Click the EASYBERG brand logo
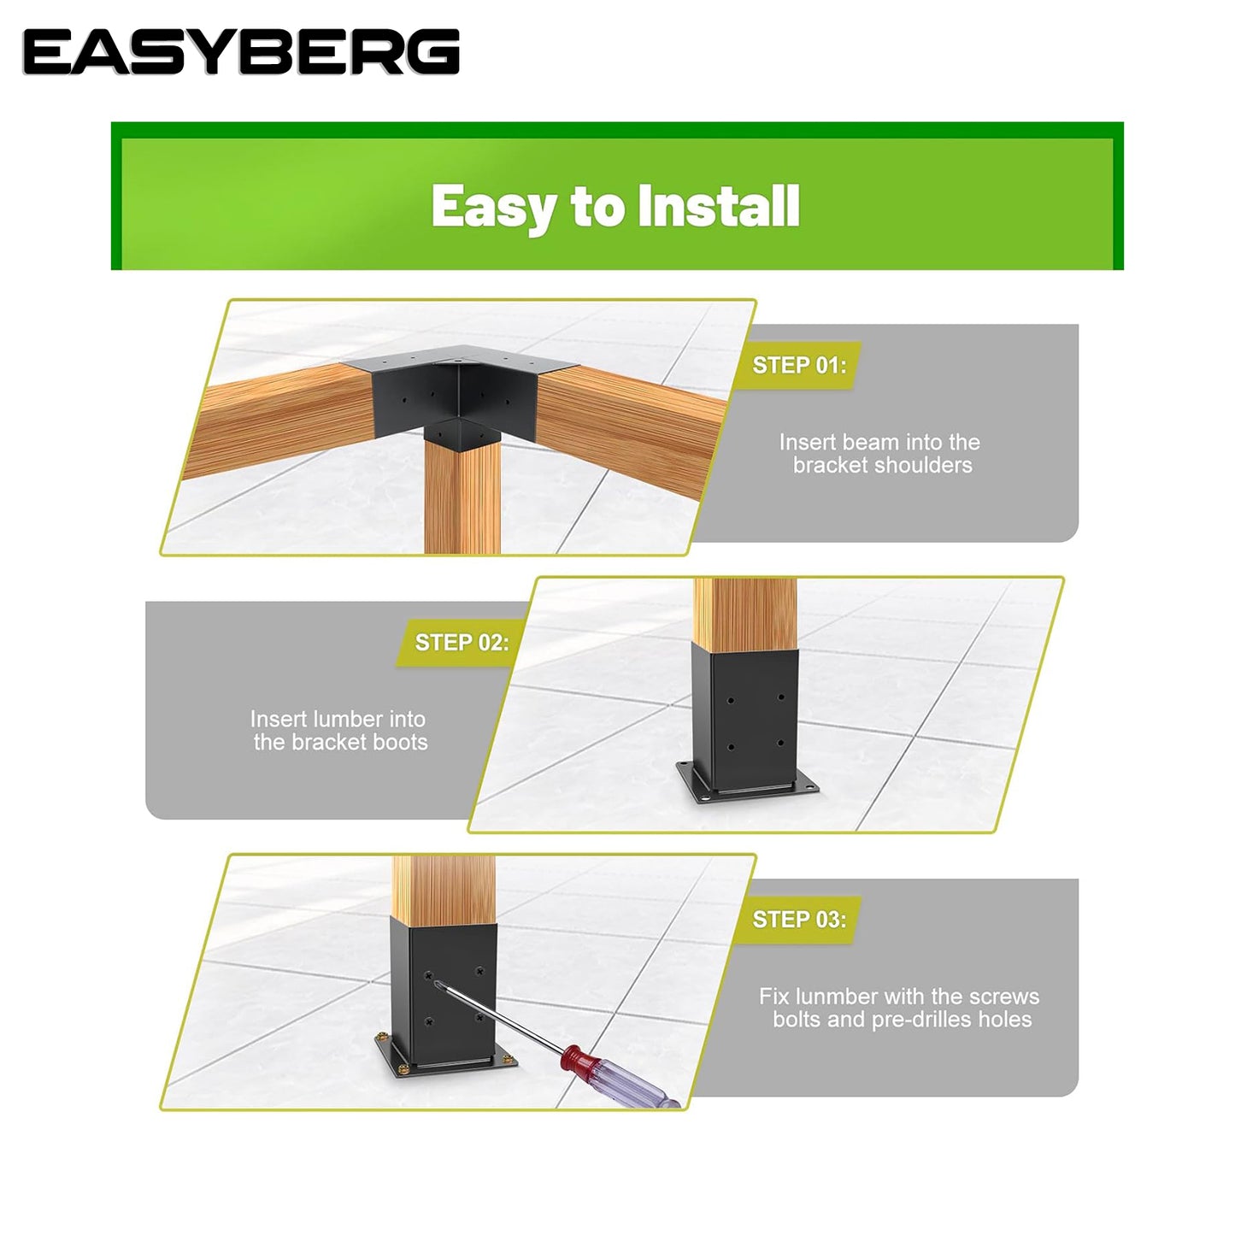(x=241, y=52)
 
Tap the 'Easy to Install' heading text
(x=616, y=206)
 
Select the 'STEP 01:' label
(x=799, y=365)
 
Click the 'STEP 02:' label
(x=462, y=642)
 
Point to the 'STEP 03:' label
(x=799, y=920)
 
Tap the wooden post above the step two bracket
(x=745, y=615)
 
